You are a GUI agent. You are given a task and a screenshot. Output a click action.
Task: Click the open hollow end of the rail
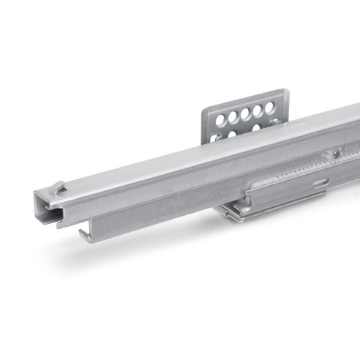pyautogui.click(x=45, y=207)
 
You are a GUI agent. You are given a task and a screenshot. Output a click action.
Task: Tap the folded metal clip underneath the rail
pyautogui.click(x=241, y=213)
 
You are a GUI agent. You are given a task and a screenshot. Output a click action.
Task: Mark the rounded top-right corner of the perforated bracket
pyautogui.click(x=281, y=94)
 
